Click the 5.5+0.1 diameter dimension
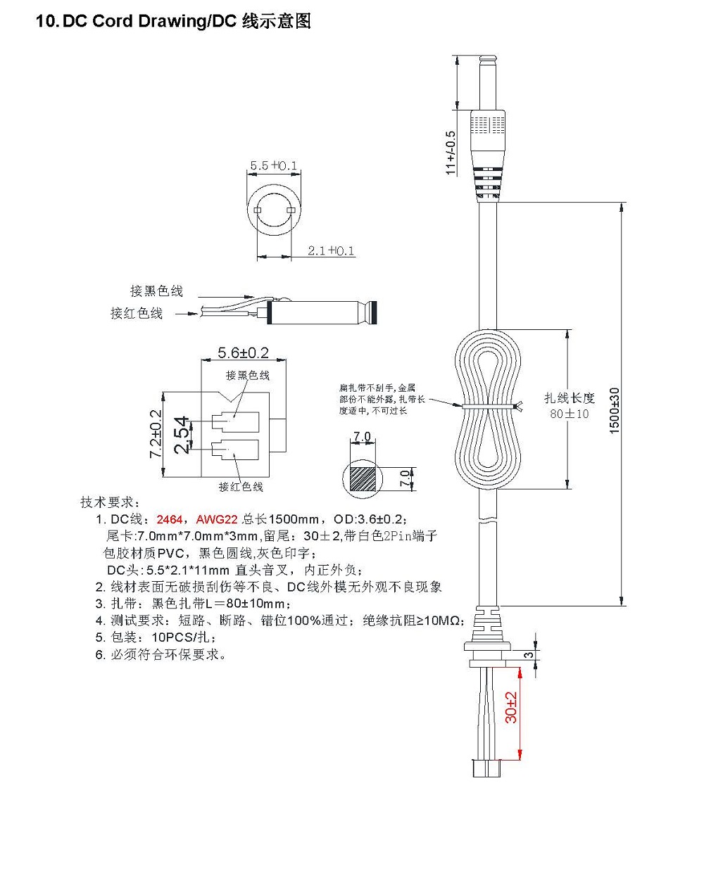tap(274, 166)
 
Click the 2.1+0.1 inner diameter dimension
tap(331, 250)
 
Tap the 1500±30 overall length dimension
tap(615, 410)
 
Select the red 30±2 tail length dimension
tap(511, 707)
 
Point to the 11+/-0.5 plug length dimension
tap(451, 152)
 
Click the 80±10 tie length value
tap(569, 414)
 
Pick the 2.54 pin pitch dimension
tap(181, 435)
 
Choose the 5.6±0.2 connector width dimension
tap(243, 352)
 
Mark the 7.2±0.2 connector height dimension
tap(156, 434)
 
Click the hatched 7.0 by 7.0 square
tap(363, 478)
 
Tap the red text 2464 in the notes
tap(170, 519)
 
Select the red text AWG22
tap(217, 519)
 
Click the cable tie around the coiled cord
tap(489, 407)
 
